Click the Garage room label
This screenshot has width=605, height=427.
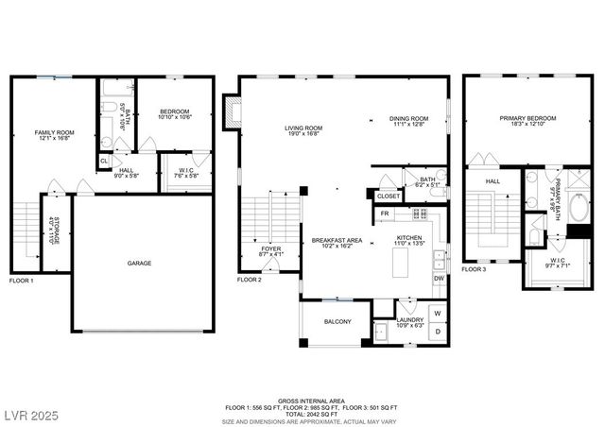point(140,263)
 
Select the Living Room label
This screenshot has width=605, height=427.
point(304,131)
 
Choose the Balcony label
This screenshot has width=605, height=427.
point(337,322)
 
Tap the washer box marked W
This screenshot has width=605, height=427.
point(438,313)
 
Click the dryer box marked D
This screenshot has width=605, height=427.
point(438,333)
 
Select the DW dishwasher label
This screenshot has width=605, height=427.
point(439,279)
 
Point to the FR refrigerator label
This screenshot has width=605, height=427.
point(385,214)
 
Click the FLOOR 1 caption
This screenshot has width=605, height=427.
point(21,282)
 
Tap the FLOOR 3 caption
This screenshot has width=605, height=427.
point(475,270)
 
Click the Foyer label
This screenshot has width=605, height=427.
point(270,250)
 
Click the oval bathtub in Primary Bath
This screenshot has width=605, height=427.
point(578,208)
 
